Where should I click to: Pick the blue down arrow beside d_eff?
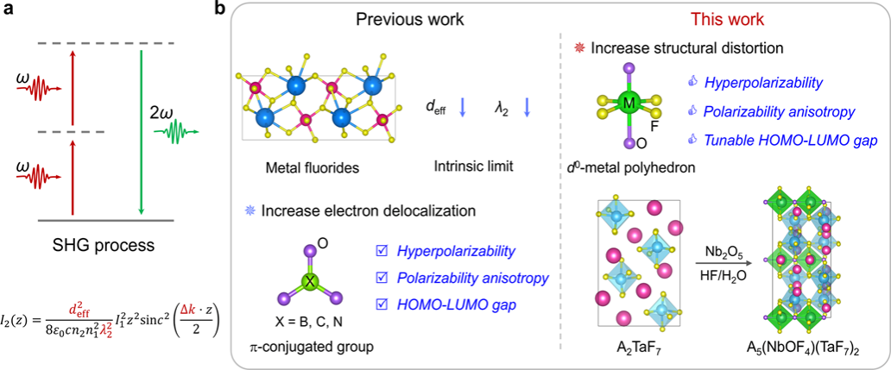pos(464,109)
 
